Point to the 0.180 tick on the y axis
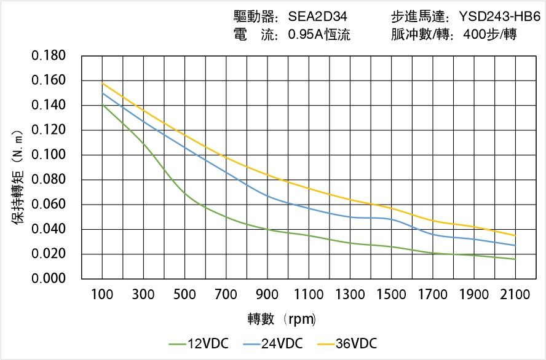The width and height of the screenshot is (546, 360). click(49, 57)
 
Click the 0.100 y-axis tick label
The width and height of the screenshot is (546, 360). click(49, 155)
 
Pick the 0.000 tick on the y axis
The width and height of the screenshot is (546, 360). click(49, 279)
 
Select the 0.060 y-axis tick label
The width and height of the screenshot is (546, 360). click(49, 205)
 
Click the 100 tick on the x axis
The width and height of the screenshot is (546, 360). click(102, 295)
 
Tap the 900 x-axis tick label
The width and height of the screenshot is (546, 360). click(267, 295)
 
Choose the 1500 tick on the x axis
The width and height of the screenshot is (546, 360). click(392, 295)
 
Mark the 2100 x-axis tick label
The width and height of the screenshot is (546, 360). click(515, 295)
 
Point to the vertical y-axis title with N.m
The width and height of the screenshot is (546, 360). click(18, 178)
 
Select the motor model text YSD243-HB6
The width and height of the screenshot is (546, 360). click(499, 17)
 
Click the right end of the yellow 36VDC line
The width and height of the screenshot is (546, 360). click(515, 235)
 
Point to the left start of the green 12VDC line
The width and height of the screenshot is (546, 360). click(102, 105)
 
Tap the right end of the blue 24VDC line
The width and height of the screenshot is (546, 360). click(515, 245)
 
